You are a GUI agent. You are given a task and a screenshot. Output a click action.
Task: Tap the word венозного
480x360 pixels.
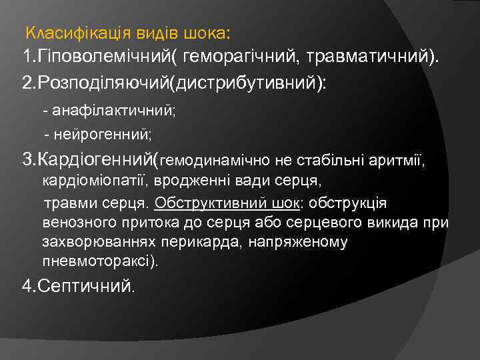(77, 222)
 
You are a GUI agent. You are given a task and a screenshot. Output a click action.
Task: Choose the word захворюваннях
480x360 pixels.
(93, 242)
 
